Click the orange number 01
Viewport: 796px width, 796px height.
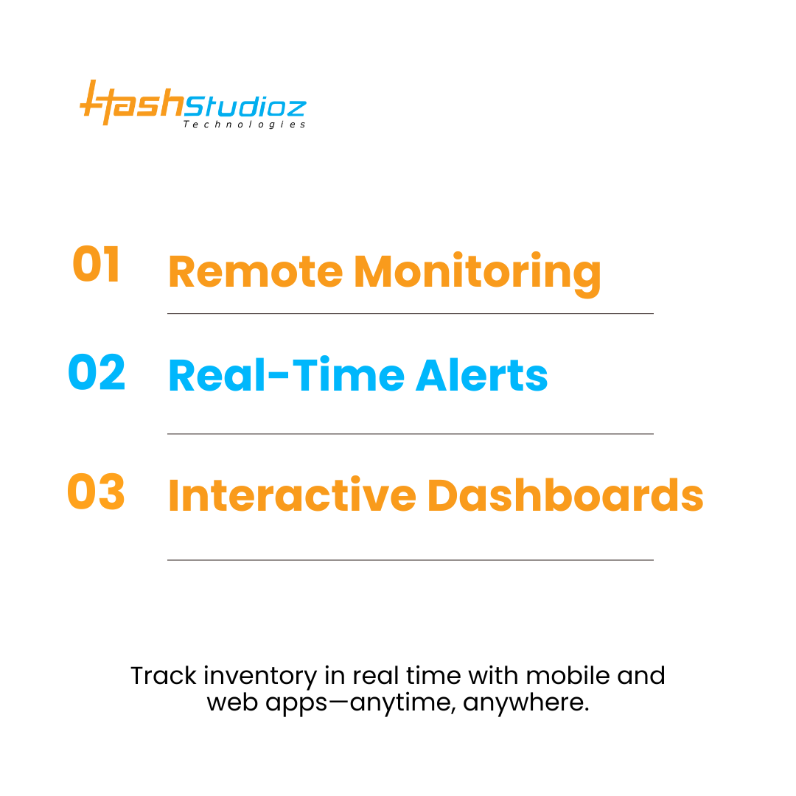pyautogui.click(x=96, y=264)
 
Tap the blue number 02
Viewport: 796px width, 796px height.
pyautogui.click(x=97, y=372)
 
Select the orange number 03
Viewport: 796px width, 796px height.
pyautogui.click(x=96, y=492)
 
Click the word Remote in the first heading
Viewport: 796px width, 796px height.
pyautogui.click(x=255, y=272)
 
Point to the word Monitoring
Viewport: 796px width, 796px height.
pyautogui.click(x=477, y=274)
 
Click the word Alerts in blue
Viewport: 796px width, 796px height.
pyautogui.click(x=482, y=376)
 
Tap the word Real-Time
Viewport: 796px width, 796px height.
pyautogui.click(x=286, y=376)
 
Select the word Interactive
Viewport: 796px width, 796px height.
pyautogui.click(x=293, y=495)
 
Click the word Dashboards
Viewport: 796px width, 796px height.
pyautogui.click(x=565, y=495)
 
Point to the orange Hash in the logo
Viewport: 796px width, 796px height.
pyautogui.click(x=132, y=102)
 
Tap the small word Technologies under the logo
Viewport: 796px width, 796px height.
pyautogui.click(x=244, y=125)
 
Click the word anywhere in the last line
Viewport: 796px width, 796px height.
pyautogui.click(x=526, y=704)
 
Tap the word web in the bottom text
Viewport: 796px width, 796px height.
pyautogui.click(x=232, y=702)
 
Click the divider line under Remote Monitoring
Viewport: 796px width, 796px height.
pyautogui.click(x=411, y=314)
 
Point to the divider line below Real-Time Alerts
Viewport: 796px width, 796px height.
pyautogui.click(x=411, y=434)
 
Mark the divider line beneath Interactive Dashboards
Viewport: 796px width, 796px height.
pyautogui.click(x=411, y=560)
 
